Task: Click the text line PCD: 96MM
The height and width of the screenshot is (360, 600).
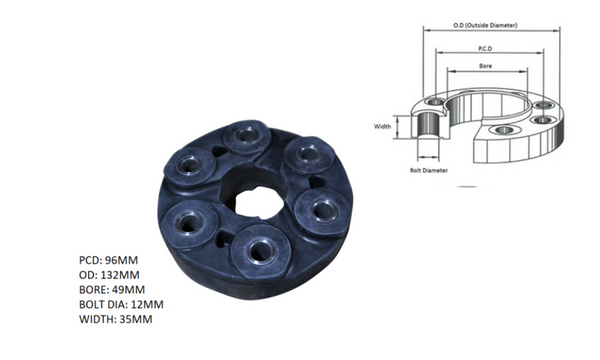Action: (108, 260)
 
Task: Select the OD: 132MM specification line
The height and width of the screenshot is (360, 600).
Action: (109, 275)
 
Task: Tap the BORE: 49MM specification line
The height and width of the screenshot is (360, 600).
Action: (112, 290)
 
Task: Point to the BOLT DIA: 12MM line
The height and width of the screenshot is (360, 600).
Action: (121, 305)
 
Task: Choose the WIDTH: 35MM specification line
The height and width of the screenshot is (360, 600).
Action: (116, 319)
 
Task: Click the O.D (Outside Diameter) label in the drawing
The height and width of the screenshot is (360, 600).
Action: (485, 25)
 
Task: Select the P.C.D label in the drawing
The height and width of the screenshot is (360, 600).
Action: (485, 49)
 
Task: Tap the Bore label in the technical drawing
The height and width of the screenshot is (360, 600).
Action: (486, 66)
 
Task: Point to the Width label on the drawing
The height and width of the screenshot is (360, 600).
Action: (382, 126)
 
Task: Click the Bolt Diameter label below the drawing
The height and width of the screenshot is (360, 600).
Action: (429, 170)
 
